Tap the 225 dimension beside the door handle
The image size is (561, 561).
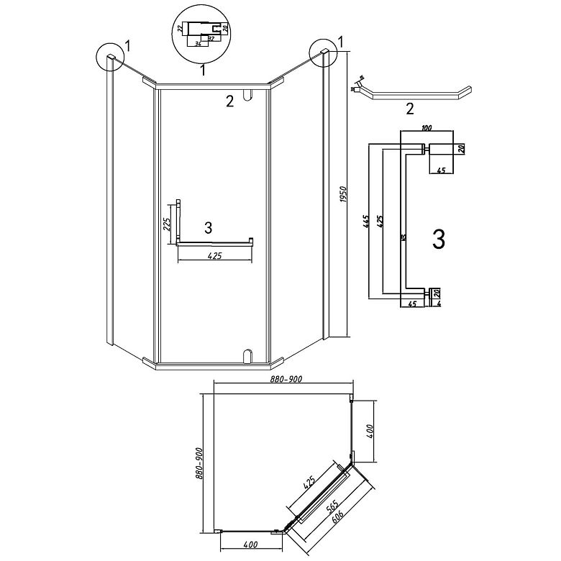pyautogui.click(x=167, y=224)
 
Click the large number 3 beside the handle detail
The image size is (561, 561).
pyautogui.click(x=438, y=240)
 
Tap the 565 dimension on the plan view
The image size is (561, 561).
pyautogui.click(x=333, y=508)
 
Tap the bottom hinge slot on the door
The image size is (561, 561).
pyautogui.click(x=247, y=355)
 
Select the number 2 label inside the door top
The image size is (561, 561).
pyautogui.click(x=229, y=102)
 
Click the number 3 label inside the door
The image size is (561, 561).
pyautogui.click(x=208, y=228)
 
